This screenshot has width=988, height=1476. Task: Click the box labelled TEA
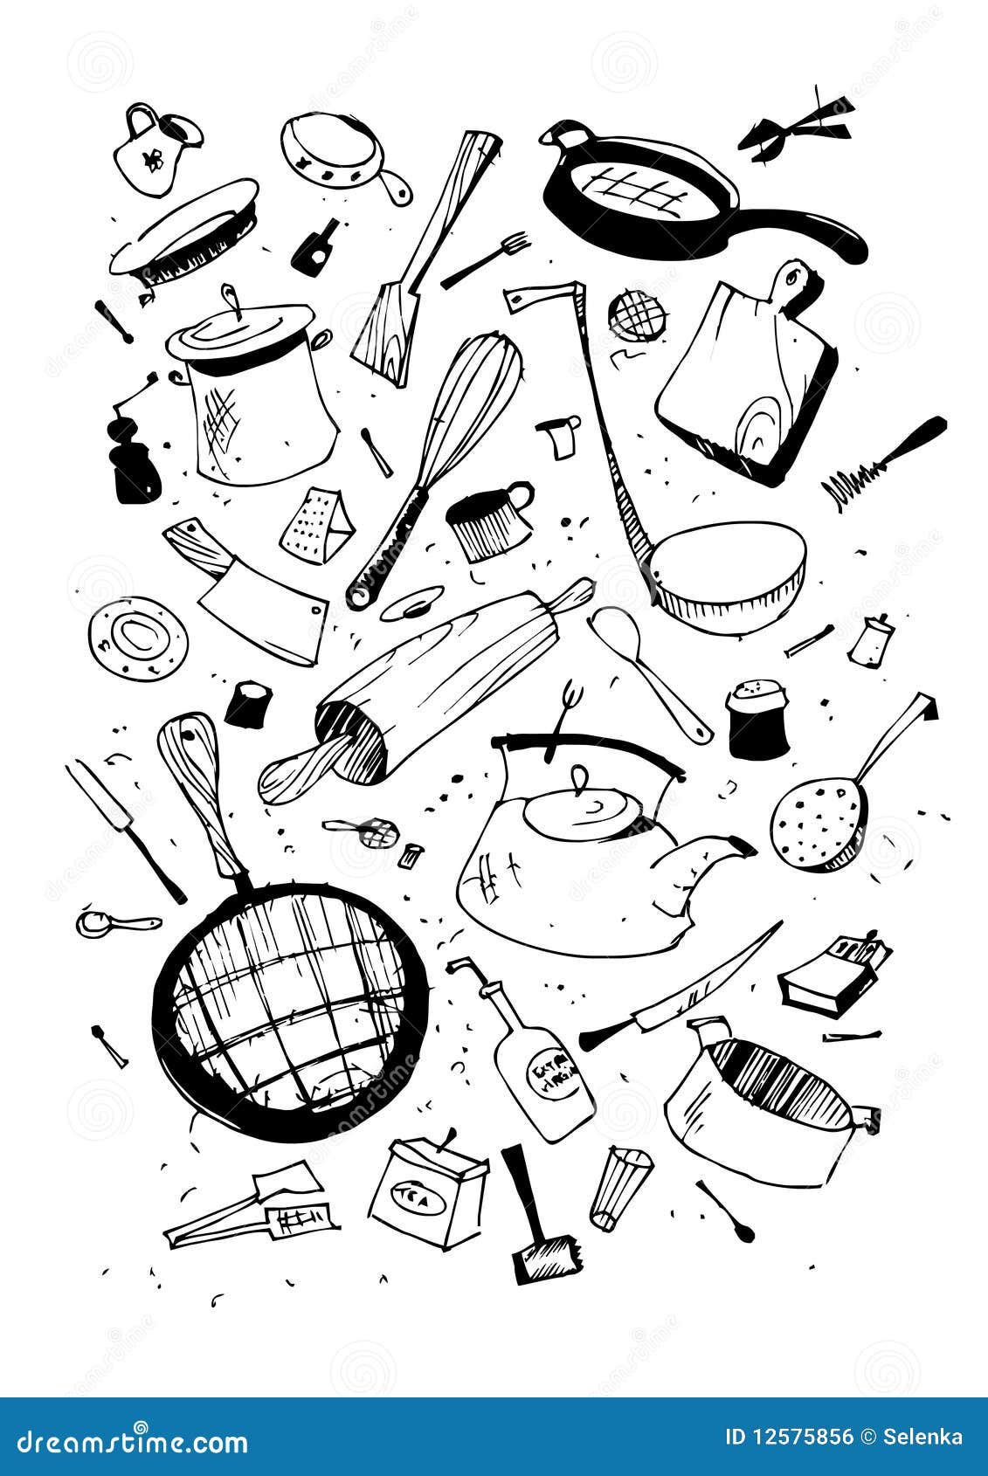coord(426,1192)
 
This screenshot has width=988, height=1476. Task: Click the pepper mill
coord(134,454)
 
